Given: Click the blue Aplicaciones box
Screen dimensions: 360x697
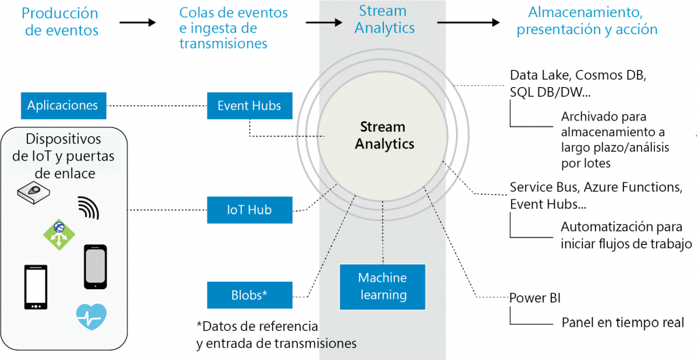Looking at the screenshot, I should (x=63, y=105).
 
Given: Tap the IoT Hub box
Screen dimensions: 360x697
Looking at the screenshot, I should (x=249, y=210).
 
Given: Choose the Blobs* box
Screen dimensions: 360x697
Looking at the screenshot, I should (x=249, y=295).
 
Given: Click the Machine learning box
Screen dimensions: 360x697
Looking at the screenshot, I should (x=382, y=286).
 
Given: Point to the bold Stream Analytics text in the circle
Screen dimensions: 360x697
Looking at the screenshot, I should (x=384, y=135).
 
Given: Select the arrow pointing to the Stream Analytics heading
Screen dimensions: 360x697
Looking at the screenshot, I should (x=323, y=22).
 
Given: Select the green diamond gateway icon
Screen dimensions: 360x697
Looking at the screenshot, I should (x=59, y=234).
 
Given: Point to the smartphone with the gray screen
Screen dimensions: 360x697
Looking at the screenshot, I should (x=95, y=266).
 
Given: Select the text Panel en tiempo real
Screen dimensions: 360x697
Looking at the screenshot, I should (x=622, y=322).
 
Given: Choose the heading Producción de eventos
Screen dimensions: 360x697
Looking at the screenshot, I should (x=60, y=22).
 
